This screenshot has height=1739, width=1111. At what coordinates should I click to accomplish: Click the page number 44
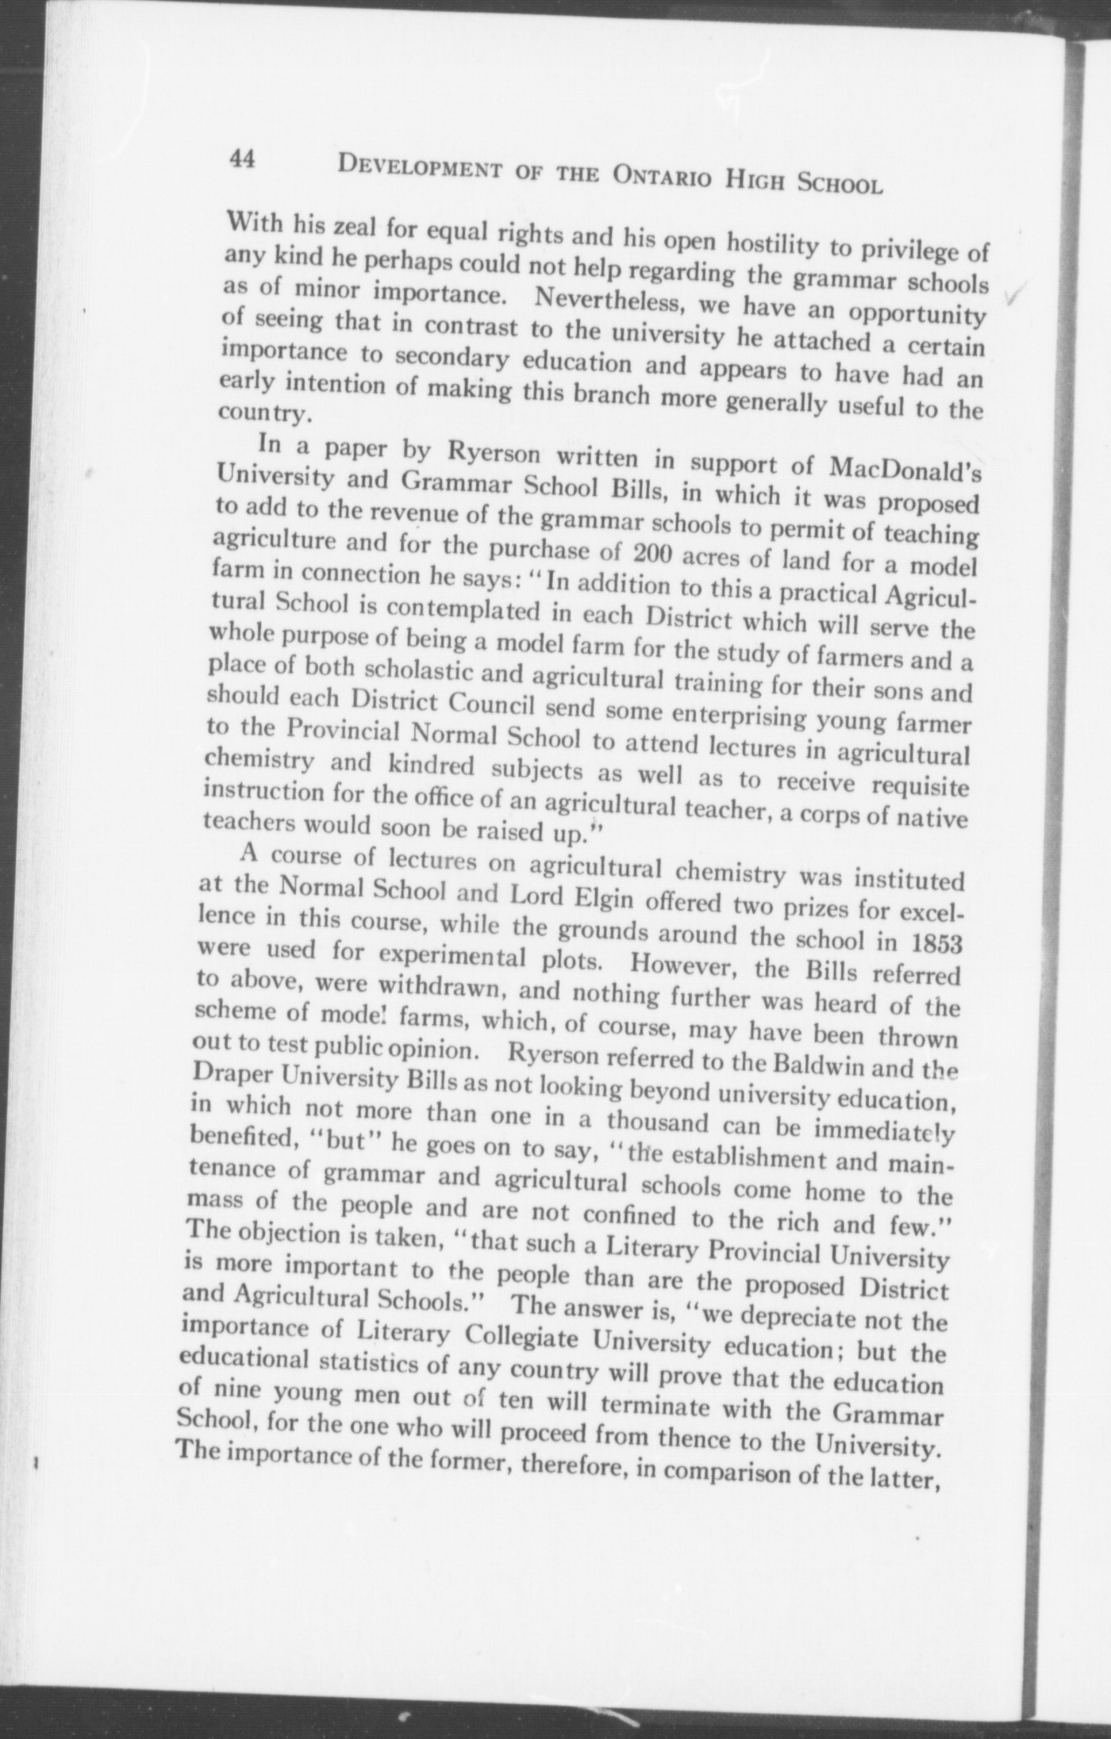[240, 159]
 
